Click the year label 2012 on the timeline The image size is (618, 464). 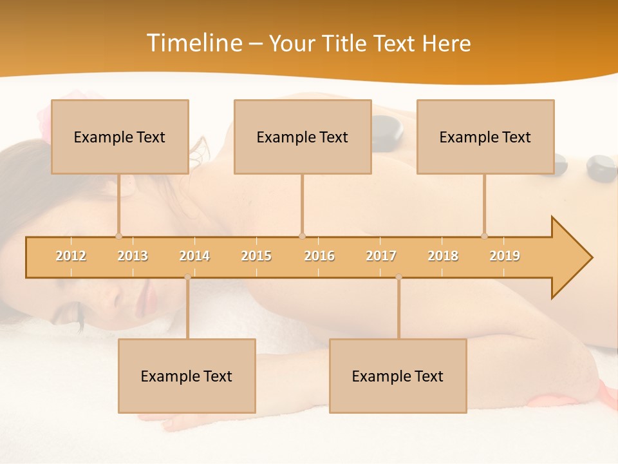[x=71, y=256]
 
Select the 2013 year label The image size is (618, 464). [x=133, y=256]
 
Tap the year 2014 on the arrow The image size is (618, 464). [x=194, y=256]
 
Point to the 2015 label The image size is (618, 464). [x=256, y=256]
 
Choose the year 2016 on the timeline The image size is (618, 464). [x=319, y=256]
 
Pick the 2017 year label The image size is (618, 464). [x=381, y=256]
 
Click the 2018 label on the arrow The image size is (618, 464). [x=443, y=256]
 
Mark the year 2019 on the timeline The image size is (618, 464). [x=505, y=256]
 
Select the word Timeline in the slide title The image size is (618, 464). [x=193, y=43]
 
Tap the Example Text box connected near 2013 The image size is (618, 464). [x=120, y=137]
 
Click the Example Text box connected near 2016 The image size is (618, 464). [x=303, y=137]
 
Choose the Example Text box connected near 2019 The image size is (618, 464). [x=485, y=137]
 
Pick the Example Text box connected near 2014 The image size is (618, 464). [x=187, y=376]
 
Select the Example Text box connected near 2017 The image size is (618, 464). [x=398, y=376]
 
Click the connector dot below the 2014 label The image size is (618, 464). [x=187, y=277]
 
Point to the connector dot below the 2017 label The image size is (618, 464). [x=398, y=277]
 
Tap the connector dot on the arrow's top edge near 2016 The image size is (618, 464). [x=302, y=236]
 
